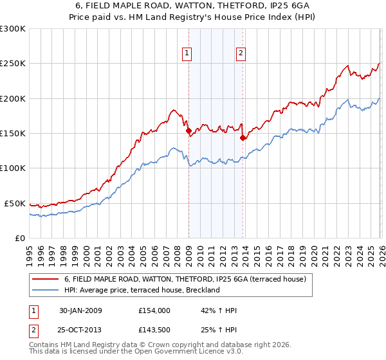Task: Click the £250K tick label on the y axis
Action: click(13, 64)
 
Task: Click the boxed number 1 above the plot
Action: click(187, 53)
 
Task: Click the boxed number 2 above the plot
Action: click(241, 53)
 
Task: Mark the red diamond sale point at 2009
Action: click(189, 131)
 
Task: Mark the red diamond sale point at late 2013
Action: click(243, 138)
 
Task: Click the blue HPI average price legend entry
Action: click(142, 290)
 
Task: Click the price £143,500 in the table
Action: click(154, 330)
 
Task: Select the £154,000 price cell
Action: click(154, 310)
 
